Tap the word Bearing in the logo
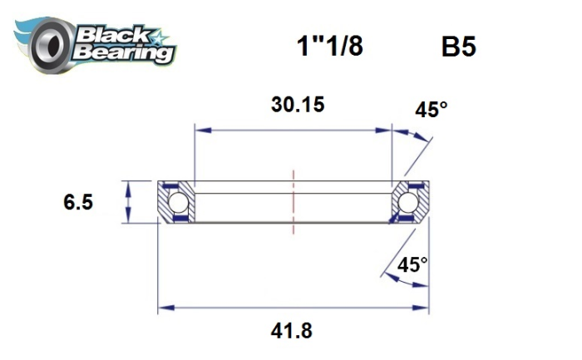pos(123,53)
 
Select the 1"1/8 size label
pos(329,47)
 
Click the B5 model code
pos(458,47)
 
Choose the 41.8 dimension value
pos(293,330)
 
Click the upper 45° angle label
pos(432,110)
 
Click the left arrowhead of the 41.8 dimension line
pos(164,308)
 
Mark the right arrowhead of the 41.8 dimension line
pos(423,308)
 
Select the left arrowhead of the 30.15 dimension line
pos(200,129)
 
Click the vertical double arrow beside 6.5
pos(127,201)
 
